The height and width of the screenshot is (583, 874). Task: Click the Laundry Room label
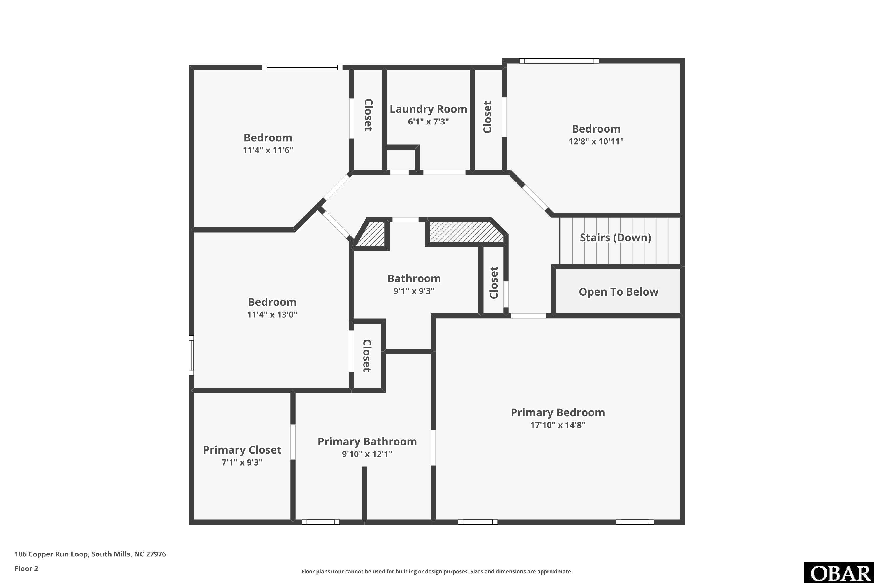(x=428, y=109)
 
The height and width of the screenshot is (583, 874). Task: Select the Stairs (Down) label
(x=615, y=238)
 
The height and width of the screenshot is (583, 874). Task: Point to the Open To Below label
(x=618, y=292)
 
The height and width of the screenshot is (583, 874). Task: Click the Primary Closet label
(x=242, y=450)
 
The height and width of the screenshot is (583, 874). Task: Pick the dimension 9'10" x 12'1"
(x=367, y=454)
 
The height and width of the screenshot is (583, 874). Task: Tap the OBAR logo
(x=839, y=573)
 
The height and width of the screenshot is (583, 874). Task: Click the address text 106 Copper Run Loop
(x=52, y=554)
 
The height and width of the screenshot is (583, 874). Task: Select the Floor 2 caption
(x=27, y=568)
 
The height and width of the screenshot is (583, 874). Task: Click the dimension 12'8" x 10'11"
(x=596, y=141)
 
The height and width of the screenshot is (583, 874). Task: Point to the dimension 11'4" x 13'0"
(x=272, y=315)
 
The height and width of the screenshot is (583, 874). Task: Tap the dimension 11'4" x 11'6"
(x=268, y=150)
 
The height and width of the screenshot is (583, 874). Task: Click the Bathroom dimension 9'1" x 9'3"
(x=414, y=291)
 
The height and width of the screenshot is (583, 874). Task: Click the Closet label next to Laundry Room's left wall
(x=368, y=115)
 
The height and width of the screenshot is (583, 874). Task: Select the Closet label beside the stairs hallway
(x=494, y=282)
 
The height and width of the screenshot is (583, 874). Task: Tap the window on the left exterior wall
(x=191, y=355)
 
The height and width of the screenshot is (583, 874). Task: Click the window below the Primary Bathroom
(x=320, y=522)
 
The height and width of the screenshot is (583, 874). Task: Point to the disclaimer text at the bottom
(x=437, y=571)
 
